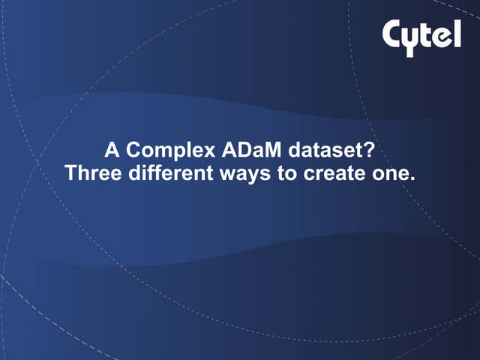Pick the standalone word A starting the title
click(111, 150)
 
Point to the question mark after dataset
click(369, 150)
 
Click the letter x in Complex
click(197, 151)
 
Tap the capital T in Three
click(70, 173)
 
